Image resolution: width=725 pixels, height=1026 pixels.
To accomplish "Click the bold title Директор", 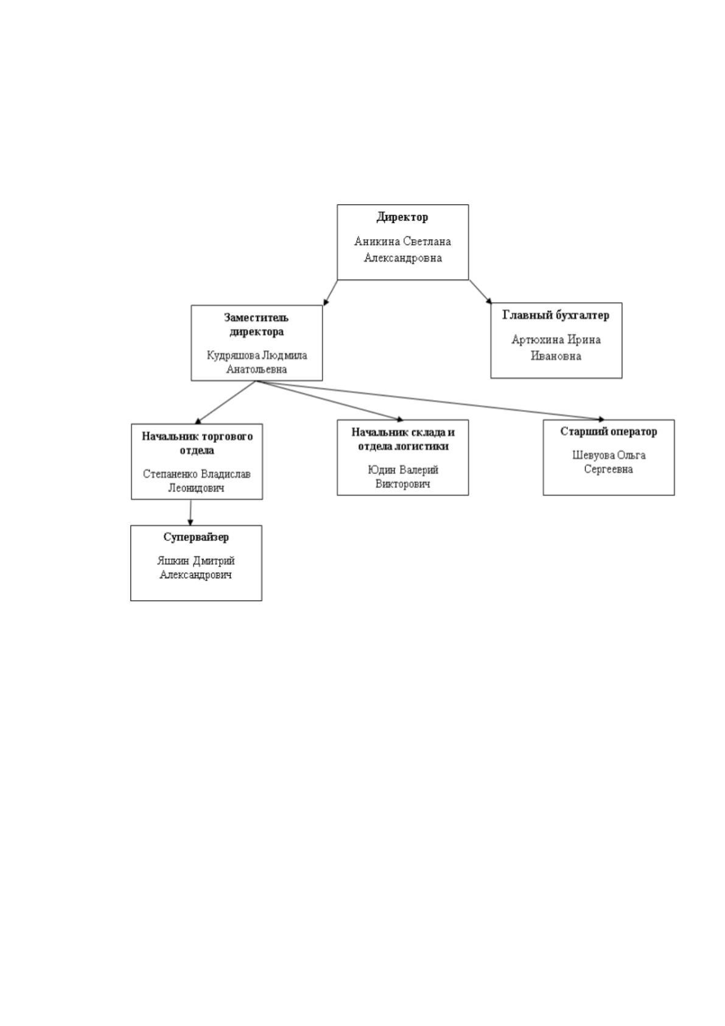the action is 402,217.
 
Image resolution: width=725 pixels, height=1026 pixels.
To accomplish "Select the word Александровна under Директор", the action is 403,258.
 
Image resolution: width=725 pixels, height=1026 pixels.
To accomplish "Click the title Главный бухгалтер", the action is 556,315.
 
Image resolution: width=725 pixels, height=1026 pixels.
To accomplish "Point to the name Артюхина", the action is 538,339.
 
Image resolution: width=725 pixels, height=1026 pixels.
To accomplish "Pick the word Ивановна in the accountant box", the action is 556,356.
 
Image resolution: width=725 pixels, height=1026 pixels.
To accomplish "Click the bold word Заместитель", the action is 256,317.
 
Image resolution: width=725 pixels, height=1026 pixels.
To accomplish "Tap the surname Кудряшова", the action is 233,355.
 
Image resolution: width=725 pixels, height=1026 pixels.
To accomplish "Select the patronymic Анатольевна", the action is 256,369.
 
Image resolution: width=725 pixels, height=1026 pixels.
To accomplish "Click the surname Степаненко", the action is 170,474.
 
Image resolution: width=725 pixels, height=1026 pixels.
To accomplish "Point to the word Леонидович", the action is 197,488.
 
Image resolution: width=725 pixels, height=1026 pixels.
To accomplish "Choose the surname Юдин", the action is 382,470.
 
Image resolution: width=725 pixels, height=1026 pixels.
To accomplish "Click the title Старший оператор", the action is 608,431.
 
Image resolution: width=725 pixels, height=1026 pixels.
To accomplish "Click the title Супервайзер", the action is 196,537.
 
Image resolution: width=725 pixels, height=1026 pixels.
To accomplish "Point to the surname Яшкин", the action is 173,561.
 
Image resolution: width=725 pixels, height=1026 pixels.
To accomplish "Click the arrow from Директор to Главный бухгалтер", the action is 480,292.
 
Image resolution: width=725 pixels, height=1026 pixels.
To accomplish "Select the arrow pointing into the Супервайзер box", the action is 191,512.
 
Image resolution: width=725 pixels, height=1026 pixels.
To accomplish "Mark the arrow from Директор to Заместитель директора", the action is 331,292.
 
